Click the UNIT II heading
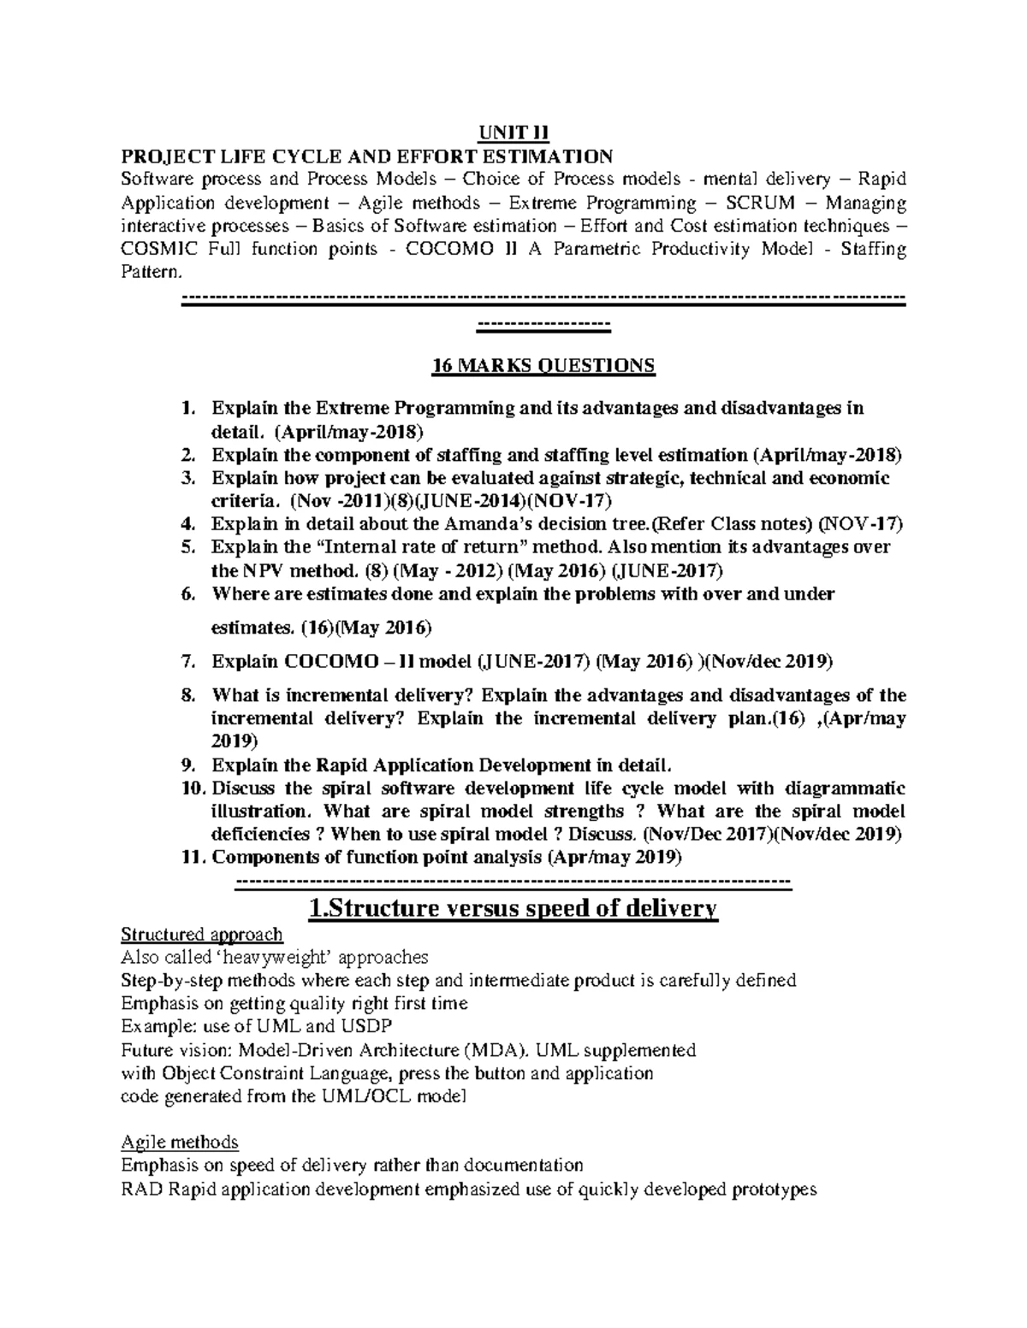513,133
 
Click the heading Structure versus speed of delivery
513,908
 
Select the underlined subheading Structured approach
202,934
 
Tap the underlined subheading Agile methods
180,1142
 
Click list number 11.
194,857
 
